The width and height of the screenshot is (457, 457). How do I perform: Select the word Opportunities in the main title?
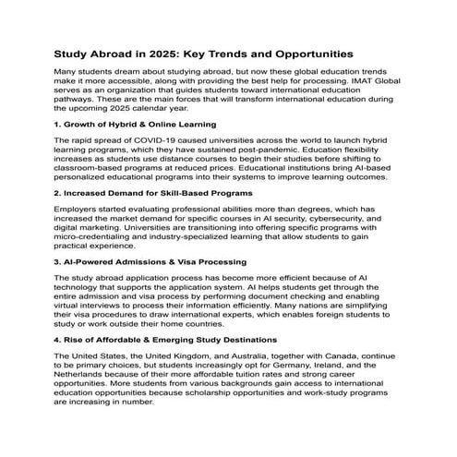coord(351,54)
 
